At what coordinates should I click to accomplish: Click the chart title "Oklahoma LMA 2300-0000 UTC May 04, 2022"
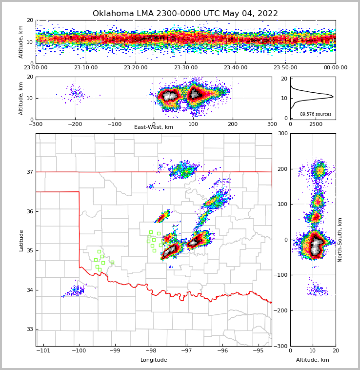pyautogui.click(x=185, y=14)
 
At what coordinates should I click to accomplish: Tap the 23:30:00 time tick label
pyautogui.click(x=186, y=68)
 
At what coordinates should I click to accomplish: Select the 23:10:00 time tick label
pyautogui.click(x=86, y=68)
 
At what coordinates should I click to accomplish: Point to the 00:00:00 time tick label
pyautogui.click(x=335, y=68)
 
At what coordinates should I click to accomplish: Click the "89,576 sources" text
pyautogui.click(x=316, y=114)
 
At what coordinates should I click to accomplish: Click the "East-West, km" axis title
pyautogui.click(x=154, y=127)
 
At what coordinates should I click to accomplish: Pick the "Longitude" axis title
pyautogui.click(x=154, y=360)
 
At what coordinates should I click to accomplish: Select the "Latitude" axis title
pyautogui.click(x=21, y=240)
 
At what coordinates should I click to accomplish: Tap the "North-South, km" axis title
pyautogui.click(x=340, y=240)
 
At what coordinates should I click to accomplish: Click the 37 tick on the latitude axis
pyautogui.click(x=29, y=172)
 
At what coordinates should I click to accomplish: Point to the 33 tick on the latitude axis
pyautogui.click(x=29, y=329)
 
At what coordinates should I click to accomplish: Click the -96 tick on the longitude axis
pyautogui.click(x=222, y=350)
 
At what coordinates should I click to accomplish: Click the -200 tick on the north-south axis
pyautogui.click(x=280, y=311)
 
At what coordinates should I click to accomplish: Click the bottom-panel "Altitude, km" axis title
pyautogui.click(x=312, y=360)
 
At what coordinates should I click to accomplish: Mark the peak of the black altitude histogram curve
pyautogui.click(x=333, y=97)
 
